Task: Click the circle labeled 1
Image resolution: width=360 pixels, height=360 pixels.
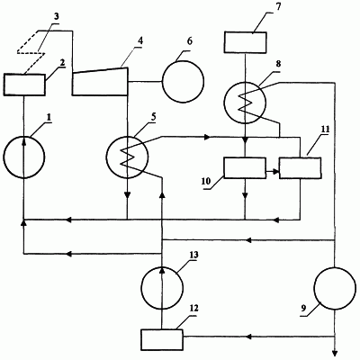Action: pyautogui.click(x=4, y=157)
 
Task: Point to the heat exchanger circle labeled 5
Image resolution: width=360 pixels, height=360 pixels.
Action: pyautogui.click(x=106, y=156)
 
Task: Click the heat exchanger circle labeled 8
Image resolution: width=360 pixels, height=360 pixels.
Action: pyautogui.click(x=224, y=102)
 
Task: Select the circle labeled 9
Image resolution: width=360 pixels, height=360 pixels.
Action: pyautogui.click(x=314, y=288)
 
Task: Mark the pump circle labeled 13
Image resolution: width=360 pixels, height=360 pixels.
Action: pyautogui.click(x=141, y=287)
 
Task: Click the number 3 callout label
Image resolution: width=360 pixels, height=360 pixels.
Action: pyautogui.click(x=56, y=16)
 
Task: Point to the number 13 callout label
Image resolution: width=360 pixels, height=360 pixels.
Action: pyautogui.click(x=193, y=255)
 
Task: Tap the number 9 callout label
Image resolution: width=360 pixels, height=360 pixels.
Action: pyautogui.click(x=304, y=310)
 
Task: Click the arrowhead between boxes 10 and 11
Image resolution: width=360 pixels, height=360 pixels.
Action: pyautogui.click(x=275, y=171)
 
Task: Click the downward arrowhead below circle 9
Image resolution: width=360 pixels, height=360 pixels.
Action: pyautogui.click(x=335, y=354)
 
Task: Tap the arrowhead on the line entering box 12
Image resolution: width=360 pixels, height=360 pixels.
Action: pyautogui.click(x=248, y=337)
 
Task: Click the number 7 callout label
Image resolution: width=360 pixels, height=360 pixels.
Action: pyautogui.click(x=278, y=7)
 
